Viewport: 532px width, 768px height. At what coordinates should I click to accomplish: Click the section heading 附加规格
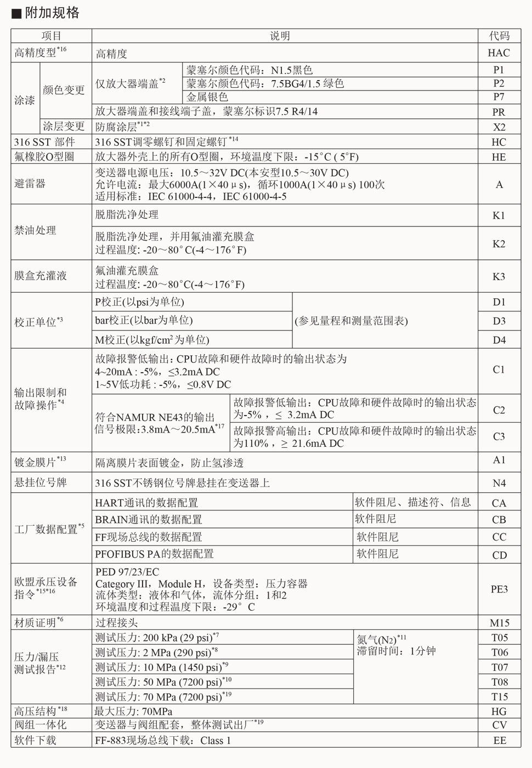coord(52,13)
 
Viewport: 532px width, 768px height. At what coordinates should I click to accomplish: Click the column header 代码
coord(499,36)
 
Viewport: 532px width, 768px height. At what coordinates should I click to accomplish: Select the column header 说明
coord(280,36)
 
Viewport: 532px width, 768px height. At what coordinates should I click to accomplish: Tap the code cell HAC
coord(499,53)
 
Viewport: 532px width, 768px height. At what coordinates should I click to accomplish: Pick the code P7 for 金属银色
coord(499,97)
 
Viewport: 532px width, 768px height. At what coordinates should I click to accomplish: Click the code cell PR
coord(499,112)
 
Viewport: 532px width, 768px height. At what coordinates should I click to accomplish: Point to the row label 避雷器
coord(30,184)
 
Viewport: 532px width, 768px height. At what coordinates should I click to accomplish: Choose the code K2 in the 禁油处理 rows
coord(499,244)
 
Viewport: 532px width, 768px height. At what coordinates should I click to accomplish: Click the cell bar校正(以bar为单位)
coord(144,320)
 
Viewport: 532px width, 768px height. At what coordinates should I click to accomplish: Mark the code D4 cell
coord(499,340)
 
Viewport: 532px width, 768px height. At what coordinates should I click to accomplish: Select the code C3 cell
coord(499,436)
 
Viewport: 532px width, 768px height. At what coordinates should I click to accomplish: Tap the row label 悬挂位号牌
coord(41,483)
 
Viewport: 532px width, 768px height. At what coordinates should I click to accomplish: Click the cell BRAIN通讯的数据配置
coord(149,519)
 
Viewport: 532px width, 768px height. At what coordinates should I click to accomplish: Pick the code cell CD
coord(499,555)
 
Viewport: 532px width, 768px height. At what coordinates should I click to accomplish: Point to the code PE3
coord(499,589)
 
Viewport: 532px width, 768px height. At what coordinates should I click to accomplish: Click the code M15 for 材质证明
coord(499,623)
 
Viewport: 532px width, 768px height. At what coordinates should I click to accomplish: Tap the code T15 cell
coord(499,697)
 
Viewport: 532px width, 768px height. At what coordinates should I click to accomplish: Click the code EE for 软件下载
coord(499,740)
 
